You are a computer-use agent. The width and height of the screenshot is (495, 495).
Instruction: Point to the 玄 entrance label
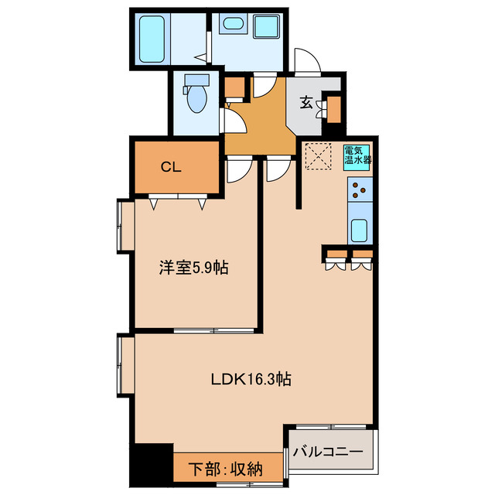(x=306, y=101)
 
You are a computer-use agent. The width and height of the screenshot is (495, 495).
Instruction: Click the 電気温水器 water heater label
(x=357, y=155)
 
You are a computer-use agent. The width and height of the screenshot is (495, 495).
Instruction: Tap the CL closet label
(x=171, y=166)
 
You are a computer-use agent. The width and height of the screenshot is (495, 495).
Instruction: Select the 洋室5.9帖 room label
(x=193, y=268)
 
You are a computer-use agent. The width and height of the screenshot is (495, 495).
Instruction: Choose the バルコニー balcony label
(x=331, y=449)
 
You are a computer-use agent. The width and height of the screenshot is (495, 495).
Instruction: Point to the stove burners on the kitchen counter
(x=360, y=189)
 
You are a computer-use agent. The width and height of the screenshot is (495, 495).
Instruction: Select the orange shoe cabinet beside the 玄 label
(x=334, y=107)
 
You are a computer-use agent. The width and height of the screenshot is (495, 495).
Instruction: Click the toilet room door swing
(x=230, y=118)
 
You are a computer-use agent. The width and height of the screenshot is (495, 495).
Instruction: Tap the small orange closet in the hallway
(x=234, y=87)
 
